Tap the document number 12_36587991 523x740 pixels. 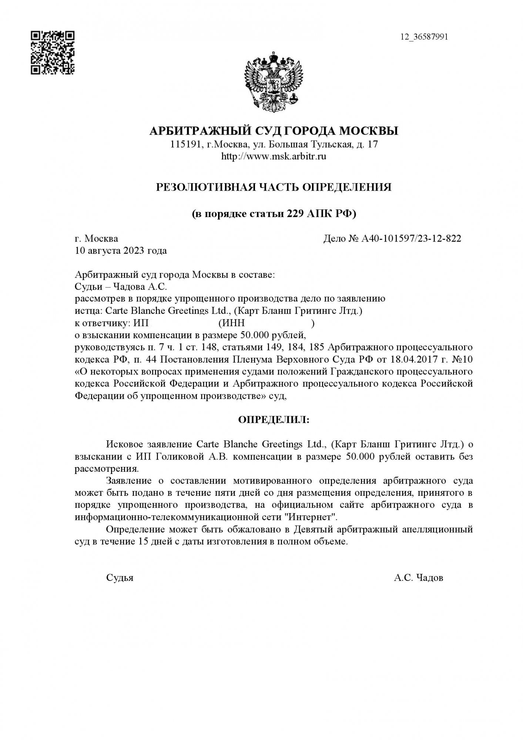coord(424,37)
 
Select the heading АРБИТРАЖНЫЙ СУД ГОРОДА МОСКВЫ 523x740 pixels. coord(274,131)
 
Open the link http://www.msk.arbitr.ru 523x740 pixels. coord(274,157)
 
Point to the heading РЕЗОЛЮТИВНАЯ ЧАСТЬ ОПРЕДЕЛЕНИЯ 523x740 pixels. coord(274,187)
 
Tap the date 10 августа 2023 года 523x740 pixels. coord(121,251)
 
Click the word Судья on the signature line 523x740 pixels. coord(120,578)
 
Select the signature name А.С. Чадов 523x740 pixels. coord(418,578)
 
